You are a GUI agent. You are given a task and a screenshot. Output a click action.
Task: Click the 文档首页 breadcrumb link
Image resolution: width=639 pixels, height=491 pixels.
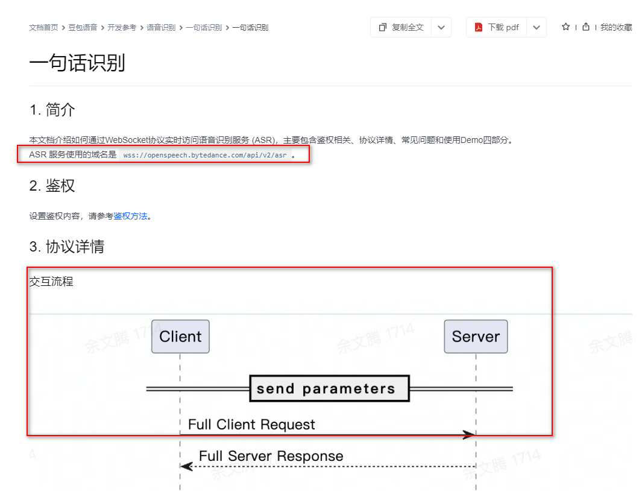point(43,28)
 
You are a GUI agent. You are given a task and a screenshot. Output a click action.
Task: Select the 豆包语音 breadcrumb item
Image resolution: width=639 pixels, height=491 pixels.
point(83,28)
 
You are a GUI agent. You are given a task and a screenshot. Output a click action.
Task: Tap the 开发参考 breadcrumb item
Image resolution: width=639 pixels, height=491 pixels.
point(122,28)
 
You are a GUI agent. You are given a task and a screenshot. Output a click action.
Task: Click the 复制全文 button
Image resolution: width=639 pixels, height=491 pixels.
point(401,27)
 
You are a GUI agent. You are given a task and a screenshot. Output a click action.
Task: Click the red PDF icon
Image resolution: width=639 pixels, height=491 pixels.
point(479,27)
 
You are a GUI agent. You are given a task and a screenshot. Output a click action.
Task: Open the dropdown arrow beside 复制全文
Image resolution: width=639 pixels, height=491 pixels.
point(441,27)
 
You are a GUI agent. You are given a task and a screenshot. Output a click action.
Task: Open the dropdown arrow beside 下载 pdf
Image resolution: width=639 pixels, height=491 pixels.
point(536,27)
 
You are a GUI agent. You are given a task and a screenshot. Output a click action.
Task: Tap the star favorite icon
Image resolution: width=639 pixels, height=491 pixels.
point(565,27)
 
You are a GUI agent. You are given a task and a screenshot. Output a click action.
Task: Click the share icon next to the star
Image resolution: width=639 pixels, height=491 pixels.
point(585,27)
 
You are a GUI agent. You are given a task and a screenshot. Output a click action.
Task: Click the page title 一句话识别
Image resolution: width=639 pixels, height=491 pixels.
point(77,63)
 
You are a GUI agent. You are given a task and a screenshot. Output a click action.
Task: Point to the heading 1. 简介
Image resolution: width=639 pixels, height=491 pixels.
point(52,110)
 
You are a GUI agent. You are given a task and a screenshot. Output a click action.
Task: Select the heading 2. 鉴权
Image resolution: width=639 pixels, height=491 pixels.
point(52,186)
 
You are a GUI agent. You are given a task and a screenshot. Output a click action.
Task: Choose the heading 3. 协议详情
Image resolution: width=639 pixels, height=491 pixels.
point(67,247)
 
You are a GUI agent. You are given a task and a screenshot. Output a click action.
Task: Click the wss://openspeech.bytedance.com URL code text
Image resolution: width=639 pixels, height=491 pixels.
point(205,155)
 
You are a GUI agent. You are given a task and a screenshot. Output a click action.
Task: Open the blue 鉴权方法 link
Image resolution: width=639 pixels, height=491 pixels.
point(131,216)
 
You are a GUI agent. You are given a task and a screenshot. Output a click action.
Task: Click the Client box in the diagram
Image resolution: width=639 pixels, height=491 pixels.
point(180,337)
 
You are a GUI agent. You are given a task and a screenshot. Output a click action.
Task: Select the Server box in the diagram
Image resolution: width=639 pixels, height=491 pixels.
point(476,337)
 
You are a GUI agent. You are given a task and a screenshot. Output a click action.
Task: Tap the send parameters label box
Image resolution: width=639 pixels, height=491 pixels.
point(329,388)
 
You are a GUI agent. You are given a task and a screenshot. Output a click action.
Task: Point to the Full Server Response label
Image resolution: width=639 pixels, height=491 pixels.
point(271,456)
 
